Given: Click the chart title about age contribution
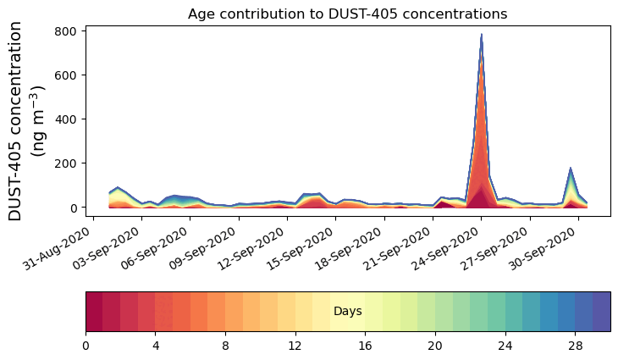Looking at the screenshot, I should point(347,14).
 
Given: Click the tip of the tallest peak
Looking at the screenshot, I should point(482,35).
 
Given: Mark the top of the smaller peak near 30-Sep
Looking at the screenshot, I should point(571,169).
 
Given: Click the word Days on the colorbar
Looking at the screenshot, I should point(348,312).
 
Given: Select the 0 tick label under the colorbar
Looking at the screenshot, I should point(86,346).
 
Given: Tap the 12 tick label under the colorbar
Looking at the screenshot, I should point(295,346).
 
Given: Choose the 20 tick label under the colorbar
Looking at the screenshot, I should point(435,346).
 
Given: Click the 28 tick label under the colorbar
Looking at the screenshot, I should point(576,346).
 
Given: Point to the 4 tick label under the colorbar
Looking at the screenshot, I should point(156,346).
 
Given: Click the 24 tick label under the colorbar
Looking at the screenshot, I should point(505,346).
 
